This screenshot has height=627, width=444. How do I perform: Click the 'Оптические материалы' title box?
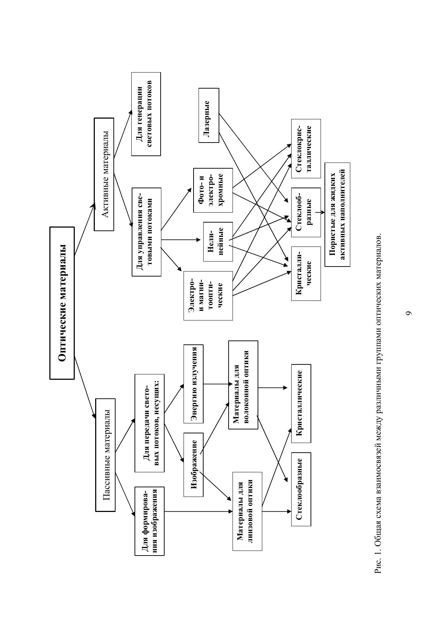pos(62,303)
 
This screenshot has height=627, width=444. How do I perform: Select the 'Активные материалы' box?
pos(104,174)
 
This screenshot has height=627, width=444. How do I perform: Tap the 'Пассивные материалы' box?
pos(106,454)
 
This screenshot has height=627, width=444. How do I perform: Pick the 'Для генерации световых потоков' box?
pos(146,114)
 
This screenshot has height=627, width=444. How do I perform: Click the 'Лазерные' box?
pos(209,115)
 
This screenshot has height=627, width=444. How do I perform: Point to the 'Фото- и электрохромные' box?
pos(213,190)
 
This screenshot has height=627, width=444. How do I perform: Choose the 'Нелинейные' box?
pos(218,242)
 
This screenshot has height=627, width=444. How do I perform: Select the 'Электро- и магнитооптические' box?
pos(208,295)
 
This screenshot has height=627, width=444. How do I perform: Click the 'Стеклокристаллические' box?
pos(306,148)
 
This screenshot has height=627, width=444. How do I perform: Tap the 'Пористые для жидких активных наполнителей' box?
pos(337,214)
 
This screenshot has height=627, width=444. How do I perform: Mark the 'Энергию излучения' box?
pos(193,384)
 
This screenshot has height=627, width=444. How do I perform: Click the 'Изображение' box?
pos(193,464)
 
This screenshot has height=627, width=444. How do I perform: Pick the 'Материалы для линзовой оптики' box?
pos(247,511)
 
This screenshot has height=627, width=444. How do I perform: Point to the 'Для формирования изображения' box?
pos(150,521)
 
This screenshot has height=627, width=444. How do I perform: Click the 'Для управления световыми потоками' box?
pos(147,232)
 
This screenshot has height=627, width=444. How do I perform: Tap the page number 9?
pos(409,313)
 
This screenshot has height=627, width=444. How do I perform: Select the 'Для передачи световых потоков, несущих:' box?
pos(150,423)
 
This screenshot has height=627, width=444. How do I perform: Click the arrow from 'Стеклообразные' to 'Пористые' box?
pos(319,212)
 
